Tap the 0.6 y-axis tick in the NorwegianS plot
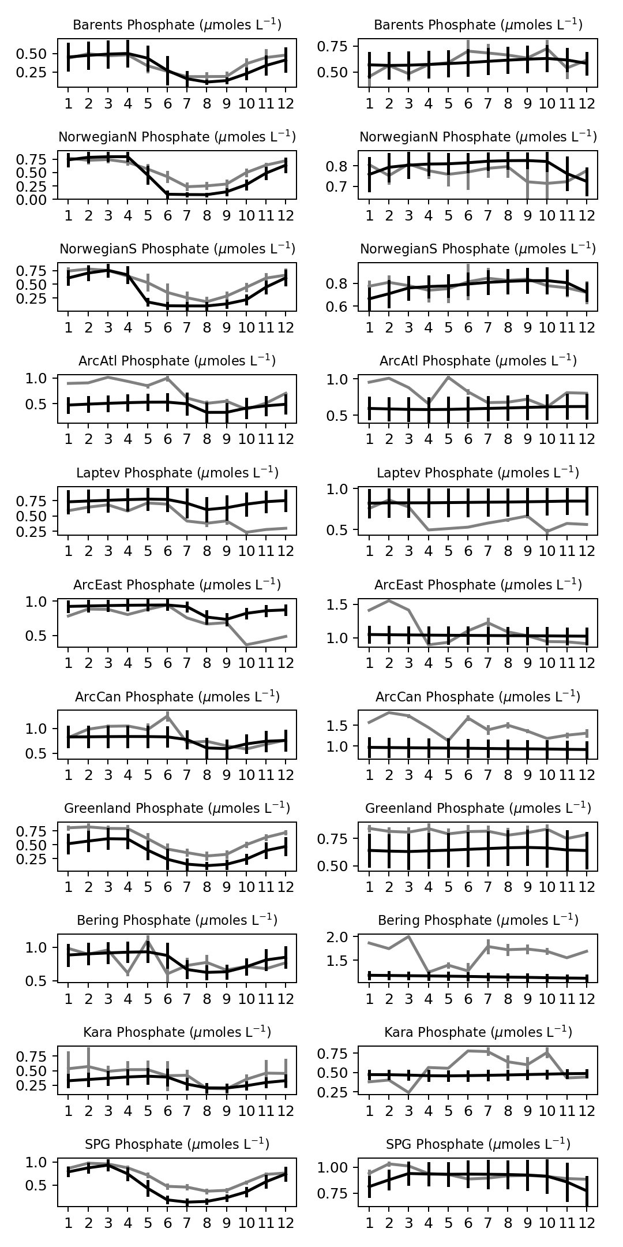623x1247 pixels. click(x=344, y=306)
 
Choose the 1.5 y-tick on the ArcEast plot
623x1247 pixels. click(x=344, y=604)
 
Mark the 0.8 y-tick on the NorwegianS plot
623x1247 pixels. click(x=344, y=283)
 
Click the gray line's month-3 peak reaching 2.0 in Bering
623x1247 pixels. click(x=408, y=936)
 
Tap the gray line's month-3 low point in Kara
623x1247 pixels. click(x=408, y=1093)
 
